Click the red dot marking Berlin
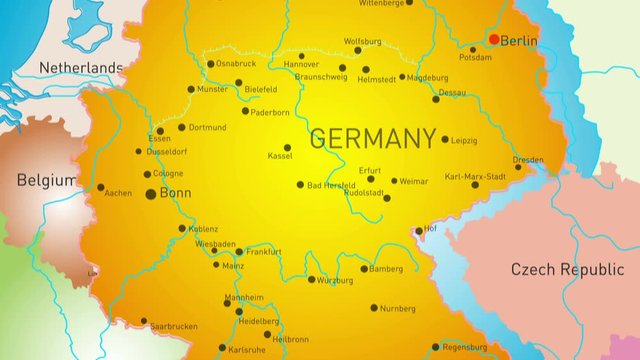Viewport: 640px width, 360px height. pos(494,40)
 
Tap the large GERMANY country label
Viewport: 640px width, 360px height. pos(373,139)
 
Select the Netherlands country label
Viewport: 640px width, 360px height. pos(80,68)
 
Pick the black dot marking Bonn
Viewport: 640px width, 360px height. pos(151,193)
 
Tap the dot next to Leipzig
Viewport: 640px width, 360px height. pos(445,139)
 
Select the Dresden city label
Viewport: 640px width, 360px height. pos(528,160)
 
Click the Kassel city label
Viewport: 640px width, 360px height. pos(281,156)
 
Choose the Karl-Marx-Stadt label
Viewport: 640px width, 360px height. pos(475,175)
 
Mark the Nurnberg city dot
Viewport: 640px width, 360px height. pos(374,308)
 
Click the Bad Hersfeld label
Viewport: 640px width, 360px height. pos(331,185)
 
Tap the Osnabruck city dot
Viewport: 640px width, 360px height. pos(208,63)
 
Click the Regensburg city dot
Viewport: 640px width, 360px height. pos(435,347)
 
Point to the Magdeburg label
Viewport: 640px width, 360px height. pos(428,77)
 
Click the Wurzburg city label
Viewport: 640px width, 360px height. pos(335,281)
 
